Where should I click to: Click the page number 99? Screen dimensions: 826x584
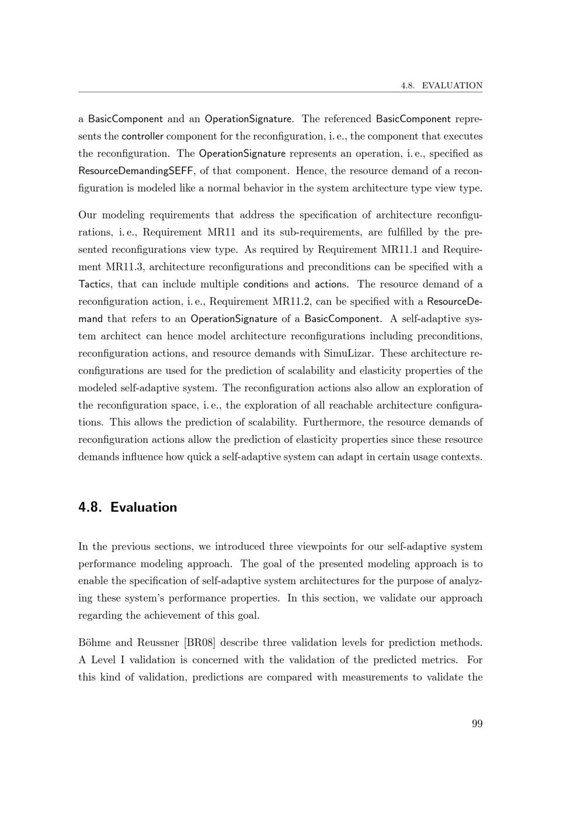pos(477,724)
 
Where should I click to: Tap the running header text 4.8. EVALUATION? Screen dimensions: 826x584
pos(442,85)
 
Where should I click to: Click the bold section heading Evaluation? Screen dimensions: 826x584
pos(143,507)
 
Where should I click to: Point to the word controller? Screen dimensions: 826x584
pos(142,137)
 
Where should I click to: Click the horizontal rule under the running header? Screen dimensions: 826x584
pos(280,92)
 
